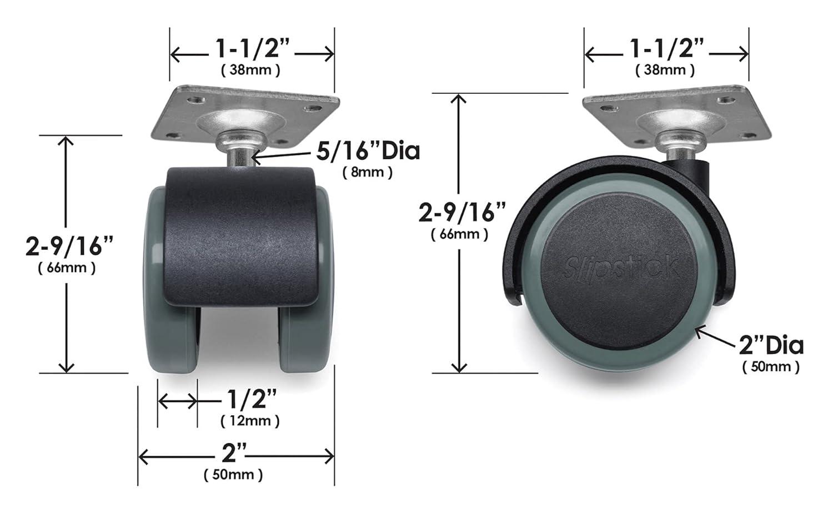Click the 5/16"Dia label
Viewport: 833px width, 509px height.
pyautogui.click(x=368, y=151)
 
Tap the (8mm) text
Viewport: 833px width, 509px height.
pyautogui.click(x=367, y=172)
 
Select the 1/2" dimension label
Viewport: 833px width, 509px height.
pyautogui.click(x=252, y=399)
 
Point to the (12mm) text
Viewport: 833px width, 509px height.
pyautogui.click(x=250, y=421)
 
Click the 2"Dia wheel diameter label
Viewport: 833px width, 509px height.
pyautogui.click(x=771, y=346)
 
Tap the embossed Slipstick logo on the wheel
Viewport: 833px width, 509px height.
pyautogui.click(x=620, y=268)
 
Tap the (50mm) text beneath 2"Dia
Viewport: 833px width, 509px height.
pyautogui.click(x=771, y=366)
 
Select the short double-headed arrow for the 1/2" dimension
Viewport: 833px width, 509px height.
pyautogui.click(x=178, y=400)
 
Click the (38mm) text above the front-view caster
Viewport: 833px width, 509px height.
pyautogui.click(x=250, y=70)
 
